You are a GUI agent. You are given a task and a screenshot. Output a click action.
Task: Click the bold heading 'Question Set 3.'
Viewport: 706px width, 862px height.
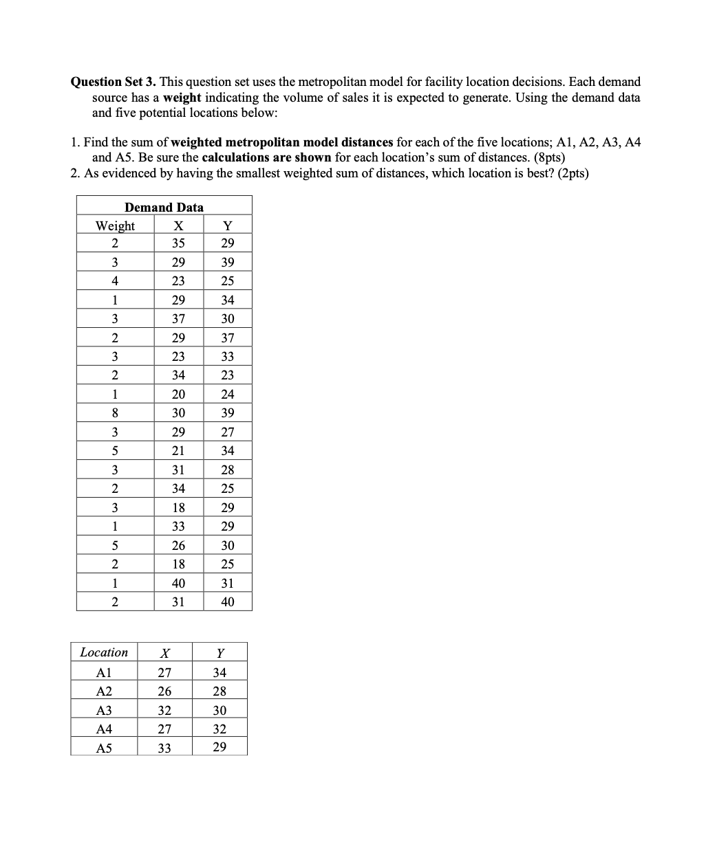[x=114, y=82]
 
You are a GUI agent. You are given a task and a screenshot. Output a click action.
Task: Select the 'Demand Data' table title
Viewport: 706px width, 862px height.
[x=164, y=207]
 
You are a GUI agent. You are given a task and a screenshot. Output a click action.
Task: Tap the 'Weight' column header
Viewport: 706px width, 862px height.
[x=115, y=225]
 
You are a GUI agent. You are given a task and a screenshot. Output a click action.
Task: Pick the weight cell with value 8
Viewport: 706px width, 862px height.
[x=115, y=413]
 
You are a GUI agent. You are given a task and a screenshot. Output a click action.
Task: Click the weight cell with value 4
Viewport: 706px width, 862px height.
[x=115, y=280]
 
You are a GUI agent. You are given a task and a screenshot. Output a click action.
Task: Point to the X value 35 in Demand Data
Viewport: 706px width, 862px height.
[x=178, y=243]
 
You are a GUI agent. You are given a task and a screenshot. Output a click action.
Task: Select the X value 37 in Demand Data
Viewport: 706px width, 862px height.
[x=178, y=319]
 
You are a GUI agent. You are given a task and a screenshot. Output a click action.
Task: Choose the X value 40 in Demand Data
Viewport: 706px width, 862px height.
[x=178, y=584]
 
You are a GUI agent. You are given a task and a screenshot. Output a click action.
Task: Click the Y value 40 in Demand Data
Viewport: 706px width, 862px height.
[x=228, y=602]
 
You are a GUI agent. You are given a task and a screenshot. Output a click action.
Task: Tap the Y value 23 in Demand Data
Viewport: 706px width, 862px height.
[x=228, y=375]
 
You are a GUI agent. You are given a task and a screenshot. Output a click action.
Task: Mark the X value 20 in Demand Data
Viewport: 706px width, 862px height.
[x=178, y=395]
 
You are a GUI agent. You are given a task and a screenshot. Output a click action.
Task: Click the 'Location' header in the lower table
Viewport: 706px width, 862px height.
[x=104, y=652]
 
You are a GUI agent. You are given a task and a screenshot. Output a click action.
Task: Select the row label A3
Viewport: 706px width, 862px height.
[x=104, y=711]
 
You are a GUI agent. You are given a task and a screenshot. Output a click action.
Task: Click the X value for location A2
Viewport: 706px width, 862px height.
[x=164, y=692]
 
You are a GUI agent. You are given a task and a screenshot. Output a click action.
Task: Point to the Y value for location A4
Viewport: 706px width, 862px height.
[x=220, y=729]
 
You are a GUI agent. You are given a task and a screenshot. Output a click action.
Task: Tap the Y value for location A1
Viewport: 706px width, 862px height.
[x=220, y=673]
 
